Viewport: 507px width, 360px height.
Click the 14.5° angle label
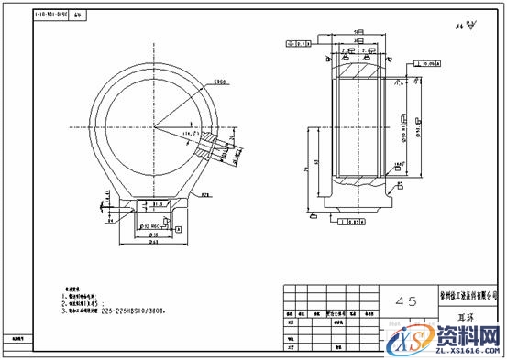pos(191,135)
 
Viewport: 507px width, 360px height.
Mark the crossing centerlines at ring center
pos(155,124)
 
